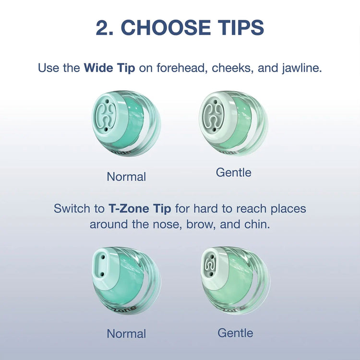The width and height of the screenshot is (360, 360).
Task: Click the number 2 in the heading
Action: (x=102, y=27)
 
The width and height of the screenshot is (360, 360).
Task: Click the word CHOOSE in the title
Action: (x=166, y=27)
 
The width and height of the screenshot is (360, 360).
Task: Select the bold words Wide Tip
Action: (x=109, y=68)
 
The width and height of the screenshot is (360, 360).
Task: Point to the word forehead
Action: (x=180, y=68)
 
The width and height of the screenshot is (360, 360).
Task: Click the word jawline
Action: (x=302, y=69)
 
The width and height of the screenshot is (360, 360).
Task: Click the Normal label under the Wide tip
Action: (x=126, y=177)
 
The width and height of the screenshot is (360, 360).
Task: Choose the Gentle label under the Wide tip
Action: (x=233, y=173)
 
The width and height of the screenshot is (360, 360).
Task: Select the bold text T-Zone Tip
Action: (x=140, y=209)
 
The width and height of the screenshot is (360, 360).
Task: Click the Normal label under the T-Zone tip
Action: (x=126, y=334)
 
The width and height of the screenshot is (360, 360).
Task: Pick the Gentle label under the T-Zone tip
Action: (x=235, y=333)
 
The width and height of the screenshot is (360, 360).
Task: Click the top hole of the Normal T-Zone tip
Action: (x=103, y=257)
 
